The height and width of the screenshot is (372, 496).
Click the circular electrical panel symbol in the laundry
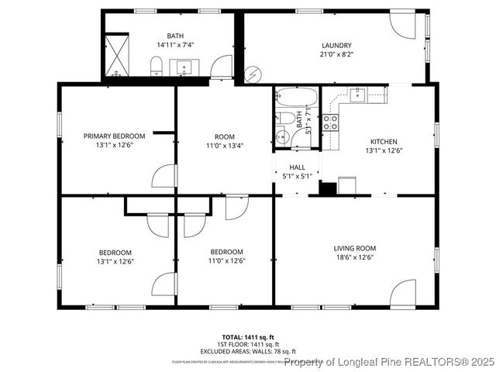click(x=253, y=75)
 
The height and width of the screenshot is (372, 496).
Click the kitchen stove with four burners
click(x=330, y=121)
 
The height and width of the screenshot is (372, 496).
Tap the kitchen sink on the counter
click(x=359, y=95)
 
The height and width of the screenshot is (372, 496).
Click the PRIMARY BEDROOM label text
click(x=114, y=136)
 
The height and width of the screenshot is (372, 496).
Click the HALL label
click(x=297, y=167)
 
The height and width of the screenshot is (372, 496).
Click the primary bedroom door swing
click(x=165, y=177)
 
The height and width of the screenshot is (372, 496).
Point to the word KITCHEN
click(x=384, y=141)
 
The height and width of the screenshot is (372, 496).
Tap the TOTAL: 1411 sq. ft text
click(x=247, y=337)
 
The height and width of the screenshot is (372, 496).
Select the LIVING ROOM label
click(x=354, y=248)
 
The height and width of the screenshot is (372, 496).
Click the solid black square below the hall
click(x=327, y=188)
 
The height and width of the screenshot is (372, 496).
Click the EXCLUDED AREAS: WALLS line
click(x=247, y=351)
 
